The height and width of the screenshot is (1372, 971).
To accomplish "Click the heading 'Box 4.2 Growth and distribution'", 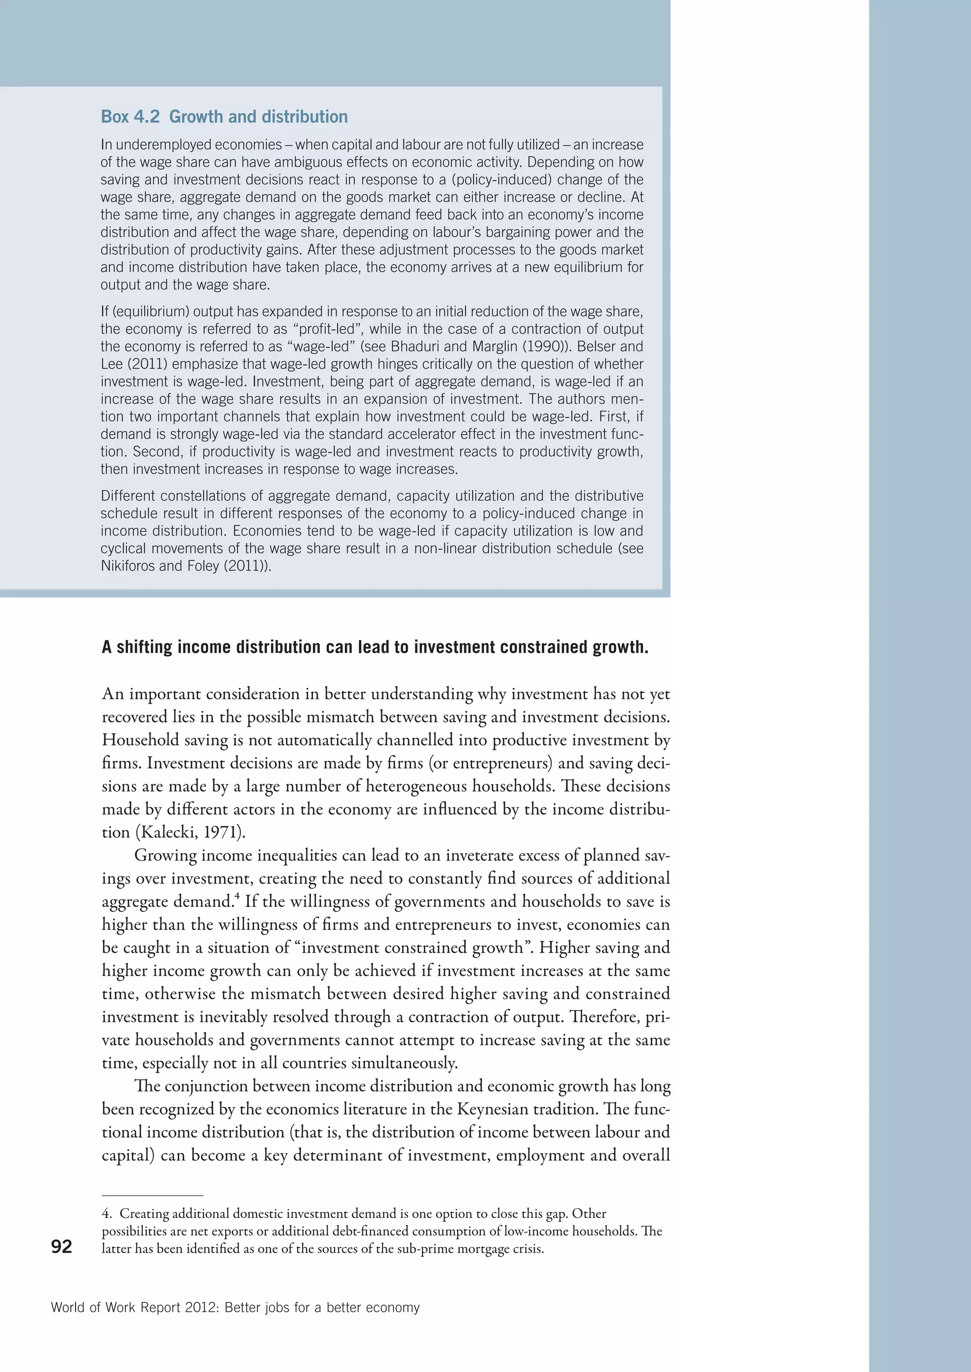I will click(224, 117).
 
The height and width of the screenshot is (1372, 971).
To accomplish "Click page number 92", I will click(62, 1246).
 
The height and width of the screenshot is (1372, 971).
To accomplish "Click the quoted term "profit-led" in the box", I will click(326, 329).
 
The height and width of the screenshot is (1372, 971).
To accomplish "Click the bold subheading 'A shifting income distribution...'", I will click(375, 647).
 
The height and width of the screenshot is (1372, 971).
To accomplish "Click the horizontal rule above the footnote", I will click(153, 1196).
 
